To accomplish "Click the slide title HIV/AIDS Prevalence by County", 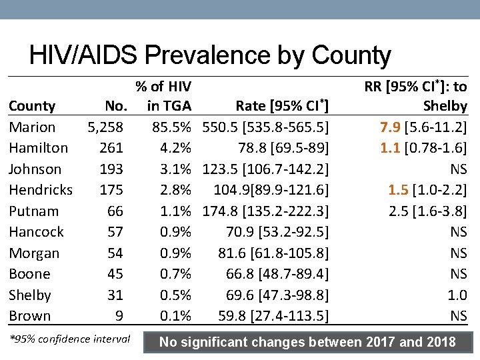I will click(210, 55).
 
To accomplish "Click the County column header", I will click(32, 106).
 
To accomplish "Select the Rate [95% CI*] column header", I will click(283, 105).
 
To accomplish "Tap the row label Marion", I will click(32, 127).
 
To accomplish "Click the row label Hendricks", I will click(41, 190).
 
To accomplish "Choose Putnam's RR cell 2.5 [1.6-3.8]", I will click(427, 211).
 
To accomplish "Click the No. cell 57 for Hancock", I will click(115, 232).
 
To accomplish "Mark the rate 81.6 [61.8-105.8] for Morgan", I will click(273, 253).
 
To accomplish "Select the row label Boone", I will click(29, 274).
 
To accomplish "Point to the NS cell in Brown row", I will click(458, 316).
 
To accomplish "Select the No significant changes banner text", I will click(307, 343).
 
